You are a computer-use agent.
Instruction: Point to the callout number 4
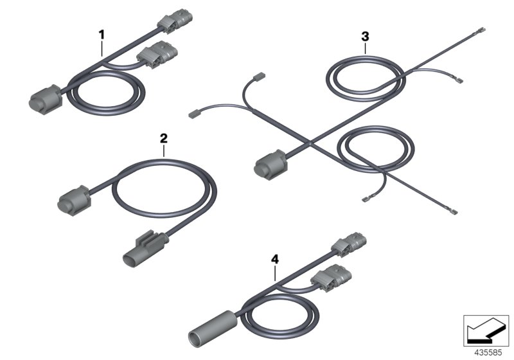pyautogui.click(x=275, y=260)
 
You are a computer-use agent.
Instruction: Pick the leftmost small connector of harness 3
pyautogui.click(x=195, y=115)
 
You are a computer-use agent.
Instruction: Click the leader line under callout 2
pyautogui.click(x=164, y=151)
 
